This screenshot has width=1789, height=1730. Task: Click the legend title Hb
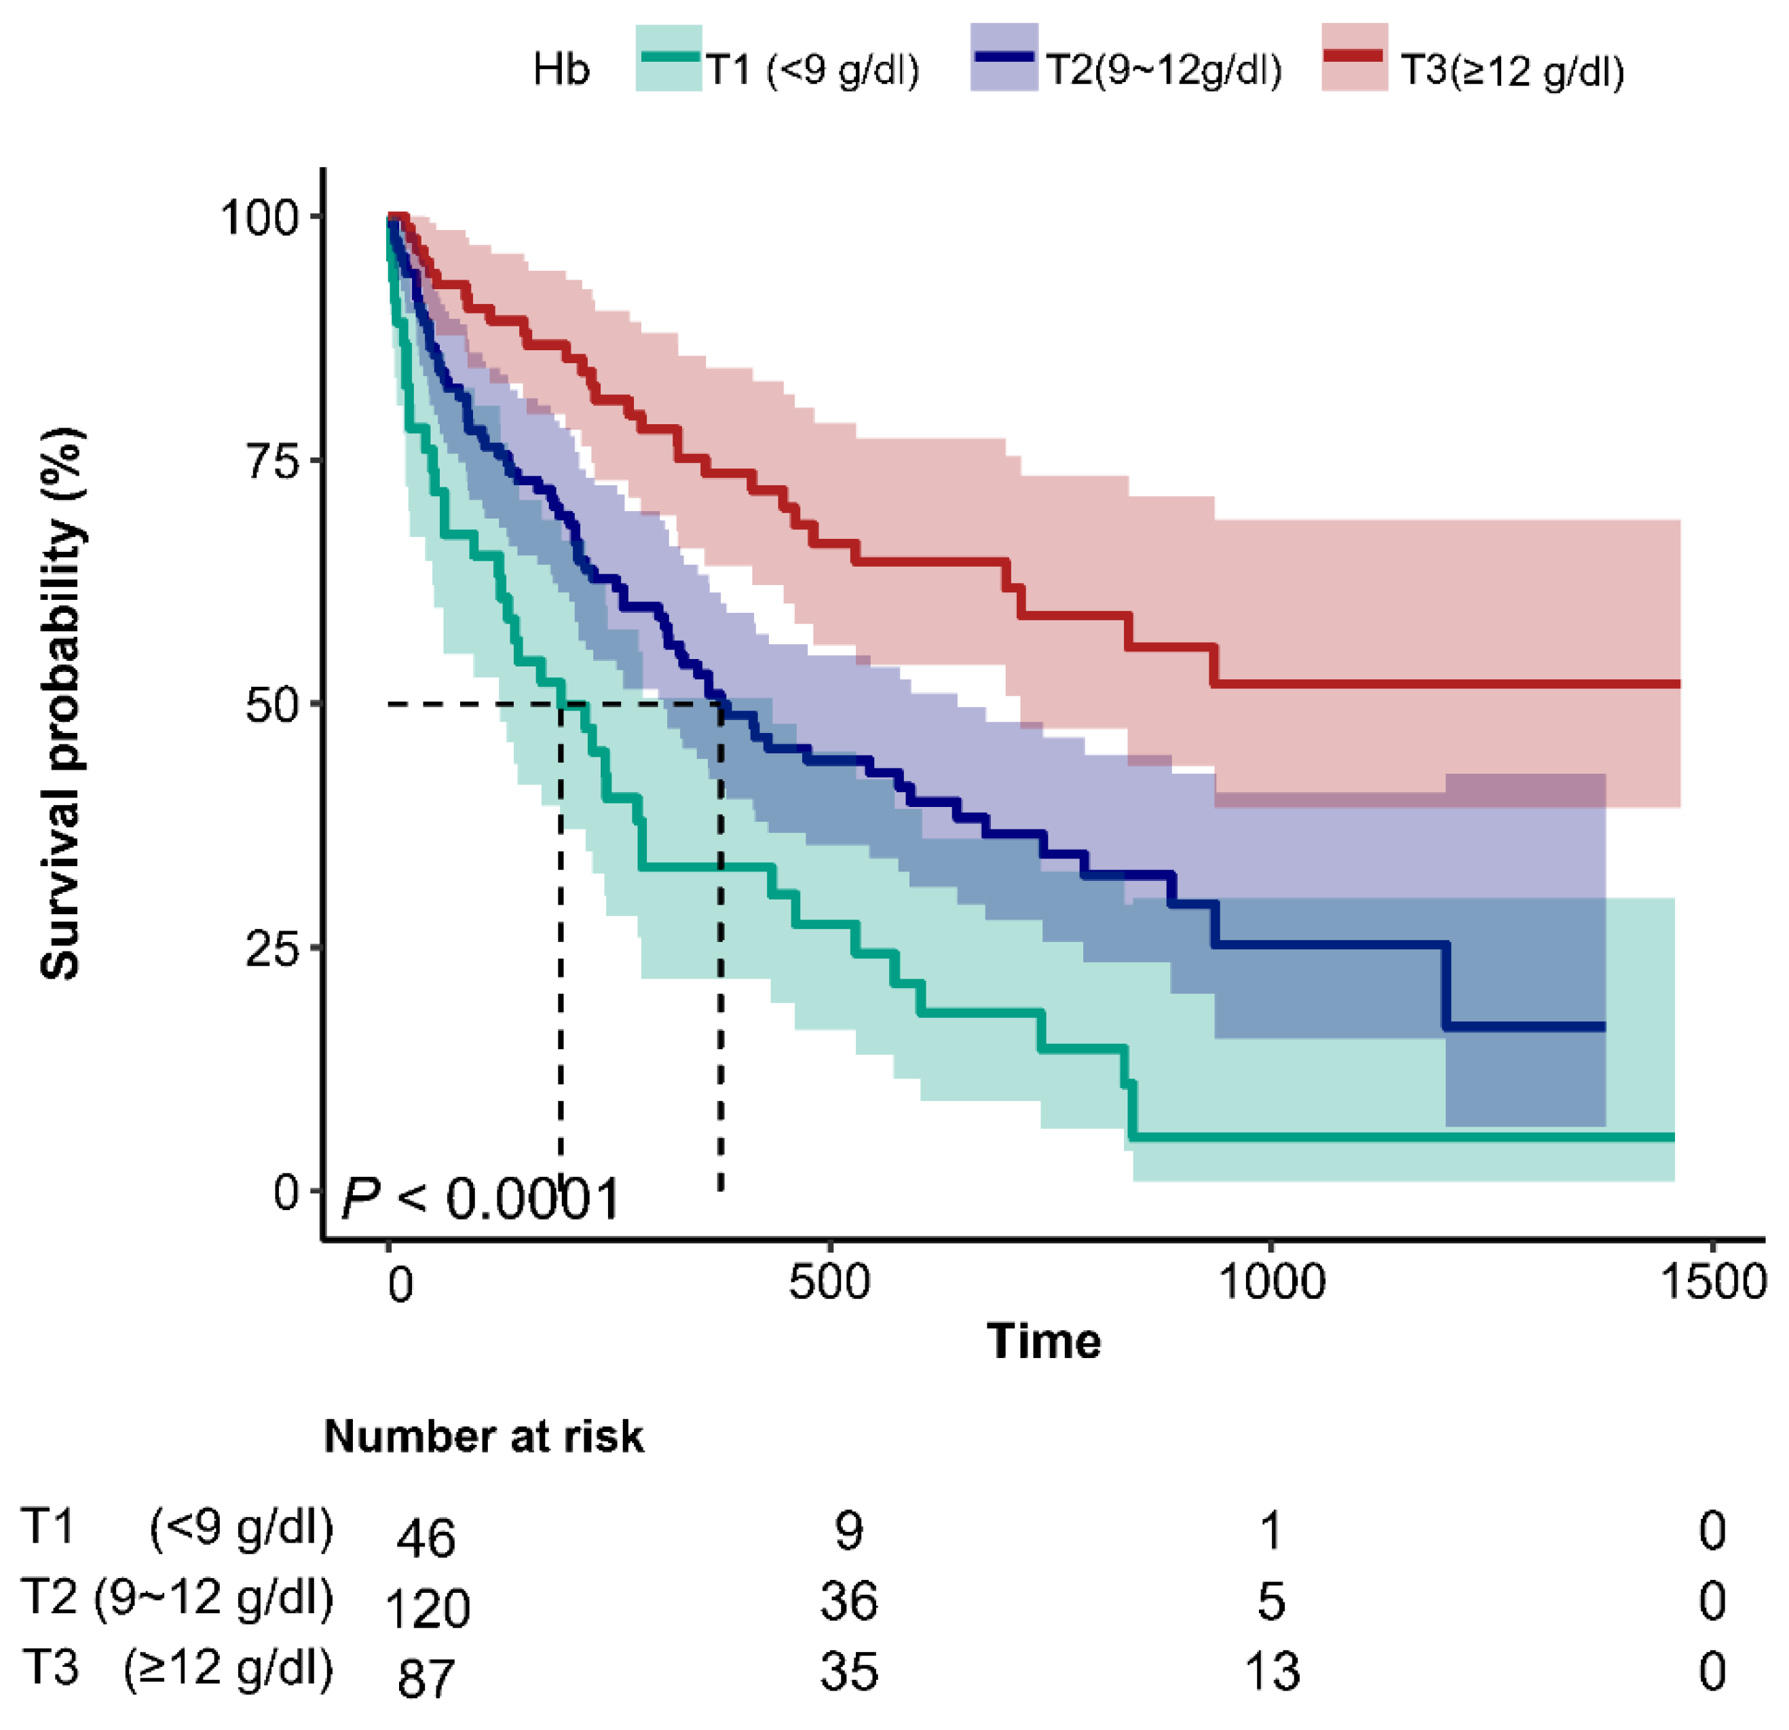pyautogui.click(x=561, y=69)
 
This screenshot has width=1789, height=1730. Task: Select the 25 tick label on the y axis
pyautogui.click(x=273, y=950)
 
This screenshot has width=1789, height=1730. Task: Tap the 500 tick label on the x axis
pyautogui.click(x=829, y=1282)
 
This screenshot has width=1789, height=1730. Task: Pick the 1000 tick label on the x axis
pyautogui.click(x=1271, y=1282)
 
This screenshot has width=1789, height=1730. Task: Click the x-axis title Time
pyautogui.click(x=1043, y=1341)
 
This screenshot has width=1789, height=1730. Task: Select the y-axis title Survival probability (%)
pyautogui.click(x=62, y=703)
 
